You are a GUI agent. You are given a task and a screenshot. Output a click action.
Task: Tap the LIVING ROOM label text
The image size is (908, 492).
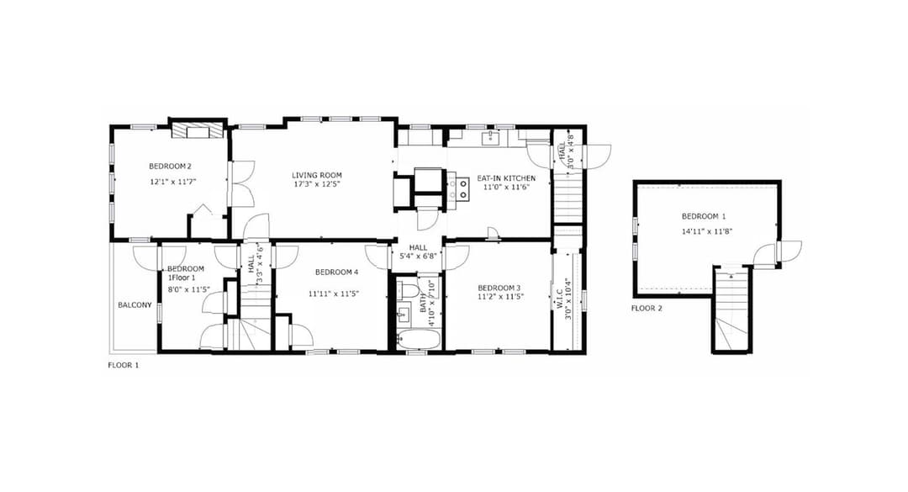tap(317, 175)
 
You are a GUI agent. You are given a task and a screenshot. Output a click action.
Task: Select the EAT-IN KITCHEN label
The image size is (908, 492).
tap(506, 178)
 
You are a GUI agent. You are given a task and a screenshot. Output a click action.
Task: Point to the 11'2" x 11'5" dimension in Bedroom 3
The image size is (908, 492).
tap(500, 297)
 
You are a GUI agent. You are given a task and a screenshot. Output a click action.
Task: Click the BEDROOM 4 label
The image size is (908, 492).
tap(336, 272)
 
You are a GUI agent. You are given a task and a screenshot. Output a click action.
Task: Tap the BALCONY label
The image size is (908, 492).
tap(135, 305)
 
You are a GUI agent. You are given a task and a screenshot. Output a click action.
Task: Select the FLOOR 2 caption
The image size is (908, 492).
tap(647, 309)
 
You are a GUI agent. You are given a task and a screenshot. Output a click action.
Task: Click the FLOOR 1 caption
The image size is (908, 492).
tap(124, 365)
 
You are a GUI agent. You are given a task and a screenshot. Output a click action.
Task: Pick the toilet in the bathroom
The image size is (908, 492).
tap(409, 291)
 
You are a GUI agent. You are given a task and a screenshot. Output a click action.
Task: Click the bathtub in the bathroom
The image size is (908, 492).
tap(418, 341)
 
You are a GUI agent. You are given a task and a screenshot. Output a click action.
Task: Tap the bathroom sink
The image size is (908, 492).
tap(403, 315)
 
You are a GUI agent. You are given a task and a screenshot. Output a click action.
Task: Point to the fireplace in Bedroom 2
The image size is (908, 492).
tap(198, 130)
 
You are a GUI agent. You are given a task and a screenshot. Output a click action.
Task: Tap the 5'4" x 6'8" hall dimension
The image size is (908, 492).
tap(417, 257)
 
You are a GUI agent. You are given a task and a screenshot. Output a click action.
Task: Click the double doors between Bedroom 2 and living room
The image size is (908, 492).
tap(241, 184)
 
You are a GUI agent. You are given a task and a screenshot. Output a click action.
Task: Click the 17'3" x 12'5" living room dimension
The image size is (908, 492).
tap(317, 184)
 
